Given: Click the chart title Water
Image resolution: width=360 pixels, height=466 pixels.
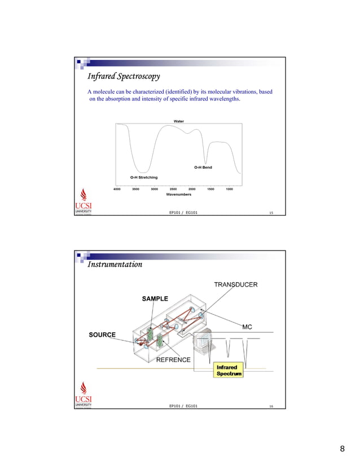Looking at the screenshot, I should [x=178, y=121].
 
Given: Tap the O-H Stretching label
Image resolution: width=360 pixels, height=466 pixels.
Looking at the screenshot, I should [x=144, y=177].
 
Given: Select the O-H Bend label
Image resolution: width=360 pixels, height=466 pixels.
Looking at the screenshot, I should [x=203, y=167].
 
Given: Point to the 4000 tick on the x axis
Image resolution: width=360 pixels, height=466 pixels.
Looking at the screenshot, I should [x=117, y=189].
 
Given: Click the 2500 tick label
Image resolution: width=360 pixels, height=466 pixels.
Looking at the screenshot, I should [x=173, y=189].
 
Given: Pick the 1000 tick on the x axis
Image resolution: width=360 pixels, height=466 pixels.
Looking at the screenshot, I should [x=229, y=189].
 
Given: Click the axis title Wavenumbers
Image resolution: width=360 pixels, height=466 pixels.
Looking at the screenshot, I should [x=178, y=194].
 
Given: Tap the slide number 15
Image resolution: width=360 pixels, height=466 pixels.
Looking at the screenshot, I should [x=271, y=213].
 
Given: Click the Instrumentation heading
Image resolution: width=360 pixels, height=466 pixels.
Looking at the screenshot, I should [x=115, y=263].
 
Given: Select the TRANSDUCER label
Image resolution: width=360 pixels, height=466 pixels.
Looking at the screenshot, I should [x=235, y=284].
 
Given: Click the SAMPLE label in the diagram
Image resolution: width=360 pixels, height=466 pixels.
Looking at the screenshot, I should [x=155, y=298].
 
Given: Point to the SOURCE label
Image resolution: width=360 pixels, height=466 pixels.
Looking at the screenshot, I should [x=102, y=335].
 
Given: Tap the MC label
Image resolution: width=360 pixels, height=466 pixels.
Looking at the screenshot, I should [x=247, y=327].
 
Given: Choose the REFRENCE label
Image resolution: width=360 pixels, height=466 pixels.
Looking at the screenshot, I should [x=173, y=360].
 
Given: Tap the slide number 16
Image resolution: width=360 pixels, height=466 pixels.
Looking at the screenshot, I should [x=271, y=406].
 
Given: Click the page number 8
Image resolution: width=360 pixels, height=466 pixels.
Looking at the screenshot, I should [x=342, y=449].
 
